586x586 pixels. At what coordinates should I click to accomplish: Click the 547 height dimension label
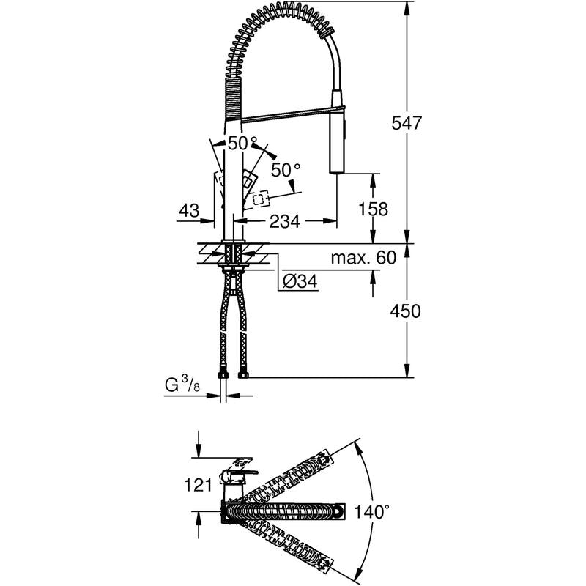click(x=407, y=123)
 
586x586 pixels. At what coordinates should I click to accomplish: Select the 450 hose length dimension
click(x=406, y=311)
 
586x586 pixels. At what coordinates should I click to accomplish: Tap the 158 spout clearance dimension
click(x=373, y=209)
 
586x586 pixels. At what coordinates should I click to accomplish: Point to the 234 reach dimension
click(x=285, y=221)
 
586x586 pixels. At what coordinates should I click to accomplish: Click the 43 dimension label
click(x=189, y=211)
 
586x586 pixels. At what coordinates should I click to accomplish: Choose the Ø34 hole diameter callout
click(x=300, y=281)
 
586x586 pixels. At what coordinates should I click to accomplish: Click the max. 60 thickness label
click(x=363, y=258)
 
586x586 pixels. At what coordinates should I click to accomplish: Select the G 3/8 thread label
click(x=182, y=385)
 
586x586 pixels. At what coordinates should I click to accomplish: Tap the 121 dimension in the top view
click(x=198, y=485)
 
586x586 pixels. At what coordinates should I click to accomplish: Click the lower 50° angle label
click(x=286, y=171)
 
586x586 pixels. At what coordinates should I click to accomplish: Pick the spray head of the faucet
click(x=338, y=131)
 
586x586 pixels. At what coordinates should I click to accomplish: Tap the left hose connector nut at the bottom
click(x=223, y=375)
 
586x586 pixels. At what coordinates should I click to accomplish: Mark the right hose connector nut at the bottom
click(x=244, y=375)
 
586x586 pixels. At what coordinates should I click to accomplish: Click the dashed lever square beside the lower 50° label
click(x=261, y=199)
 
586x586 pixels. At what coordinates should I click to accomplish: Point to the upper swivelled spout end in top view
click(x=324, y=459)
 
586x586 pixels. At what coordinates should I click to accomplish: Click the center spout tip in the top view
click(x=339, y=511)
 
